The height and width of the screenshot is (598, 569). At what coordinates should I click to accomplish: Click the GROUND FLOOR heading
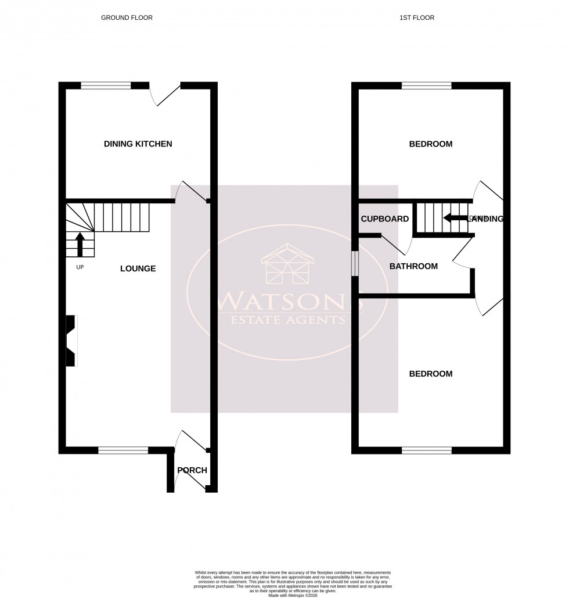coord(127,18)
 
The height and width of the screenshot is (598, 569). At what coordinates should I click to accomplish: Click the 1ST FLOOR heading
coord(416,18)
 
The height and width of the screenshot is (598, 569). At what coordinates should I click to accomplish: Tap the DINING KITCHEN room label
coord(138,144)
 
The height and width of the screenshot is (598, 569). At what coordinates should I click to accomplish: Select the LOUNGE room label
coord(138,268)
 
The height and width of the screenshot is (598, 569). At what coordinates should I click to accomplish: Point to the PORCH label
coord(192,470)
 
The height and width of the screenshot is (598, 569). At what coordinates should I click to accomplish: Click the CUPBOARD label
coord(385,219)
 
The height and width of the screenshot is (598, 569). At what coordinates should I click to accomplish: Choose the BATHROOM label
coord(413,266)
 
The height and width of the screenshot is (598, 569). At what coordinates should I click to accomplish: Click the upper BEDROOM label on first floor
coord(431,144)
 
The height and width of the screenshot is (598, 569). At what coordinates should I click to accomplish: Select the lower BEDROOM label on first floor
coord(431,374)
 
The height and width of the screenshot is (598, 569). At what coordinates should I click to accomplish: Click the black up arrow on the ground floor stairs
coord(80,244)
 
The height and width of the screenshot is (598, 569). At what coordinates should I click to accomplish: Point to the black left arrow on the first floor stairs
coord(455,219)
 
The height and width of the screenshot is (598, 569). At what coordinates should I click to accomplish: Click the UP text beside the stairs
coord(80,267)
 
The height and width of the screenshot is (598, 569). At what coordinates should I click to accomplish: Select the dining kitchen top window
coord(106,86)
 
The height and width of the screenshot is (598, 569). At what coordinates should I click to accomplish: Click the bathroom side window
coord(355,264)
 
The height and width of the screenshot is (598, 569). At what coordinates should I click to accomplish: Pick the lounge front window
coord(123,449)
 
